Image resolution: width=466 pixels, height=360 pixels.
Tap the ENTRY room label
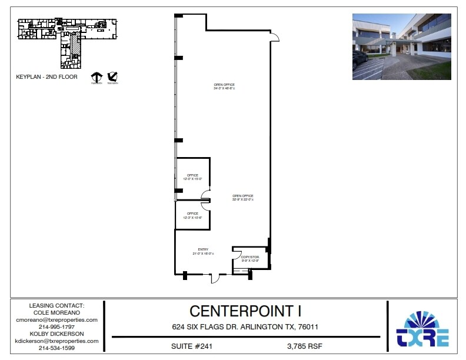(203, 251)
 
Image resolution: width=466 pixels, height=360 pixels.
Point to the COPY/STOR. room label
(250, 259)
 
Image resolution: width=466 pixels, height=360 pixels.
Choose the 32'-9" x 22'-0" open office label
(242, 198)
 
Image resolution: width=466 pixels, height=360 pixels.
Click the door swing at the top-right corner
(274, 37)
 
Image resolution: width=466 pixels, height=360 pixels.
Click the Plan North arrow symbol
(96, 77)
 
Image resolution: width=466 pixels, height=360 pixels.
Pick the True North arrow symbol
(113, 77)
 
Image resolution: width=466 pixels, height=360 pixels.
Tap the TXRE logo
(423, 329)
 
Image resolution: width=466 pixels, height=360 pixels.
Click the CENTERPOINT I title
(245, 311)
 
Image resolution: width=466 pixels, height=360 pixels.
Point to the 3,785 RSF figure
(305, 346)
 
